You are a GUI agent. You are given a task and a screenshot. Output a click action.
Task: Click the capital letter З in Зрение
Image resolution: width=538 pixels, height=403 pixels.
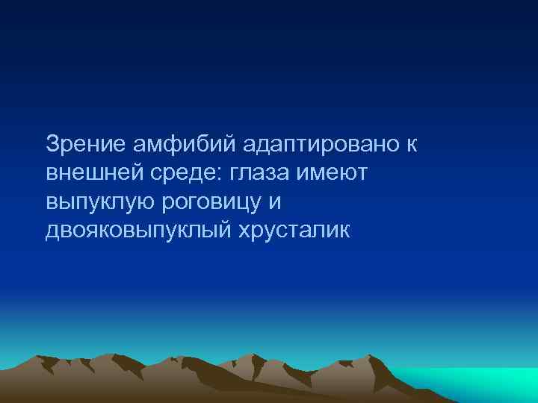[52, 144]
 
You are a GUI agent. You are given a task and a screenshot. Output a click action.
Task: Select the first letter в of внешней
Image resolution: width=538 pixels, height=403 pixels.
[51, 173]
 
